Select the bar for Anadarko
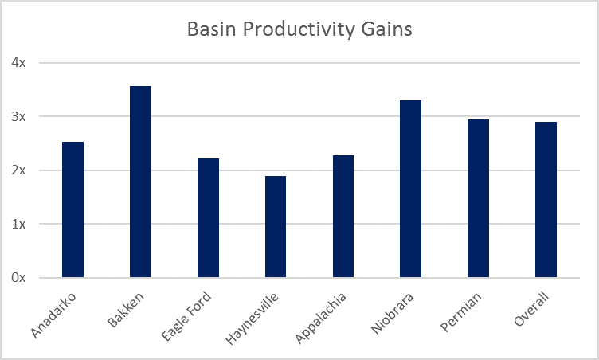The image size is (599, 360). click(x=72, y=209)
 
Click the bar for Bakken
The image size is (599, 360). click(x=140, y=182)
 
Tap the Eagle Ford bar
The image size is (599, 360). click(x=208, y=218)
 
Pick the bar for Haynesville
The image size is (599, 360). click(x=276, y=227)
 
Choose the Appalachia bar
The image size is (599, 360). click(x=343, y=217)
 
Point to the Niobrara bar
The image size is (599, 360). click(x=411, y=189)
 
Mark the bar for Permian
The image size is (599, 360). click(x=478, y=198)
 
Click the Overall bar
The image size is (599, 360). click(x=546, y=199)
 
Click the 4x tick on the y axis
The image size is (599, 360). click(x=18, y=62)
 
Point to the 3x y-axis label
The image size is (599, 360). click(x=18, y=116)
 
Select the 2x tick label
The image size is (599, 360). click(x=18, y=170)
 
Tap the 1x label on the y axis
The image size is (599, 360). click(x=18, y=224)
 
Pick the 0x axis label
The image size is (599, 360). click(x=18, y=277)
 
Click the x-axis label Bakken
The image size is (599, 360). click(x=126, y=310)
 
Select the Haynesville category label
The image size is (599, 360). click(x=252, y=319)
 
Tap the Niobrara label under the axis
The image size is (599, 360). click(x=393, y=313)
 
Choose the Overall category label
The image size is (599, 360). click(x=531, y=309)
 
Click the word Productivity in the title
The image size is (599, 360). click(x=299, y=29)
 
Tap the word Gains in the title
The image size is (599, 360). click(x=386, y=29)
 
